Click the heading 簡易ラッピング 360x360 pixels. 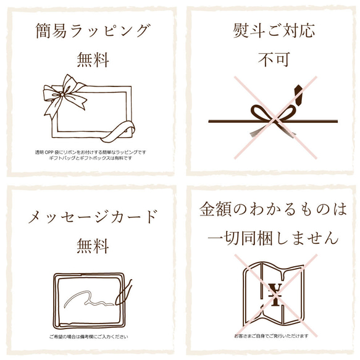click(x=93, y=31)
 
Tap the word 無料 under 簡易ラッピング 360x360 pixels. click(x=93, y=60)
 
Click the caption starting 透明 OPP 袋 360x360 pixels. click(x=90, y=152)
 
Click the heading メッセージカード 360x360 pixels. click(x=93, y=217)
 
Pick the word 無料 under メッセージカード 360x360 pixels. click(x=93, y=246)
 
